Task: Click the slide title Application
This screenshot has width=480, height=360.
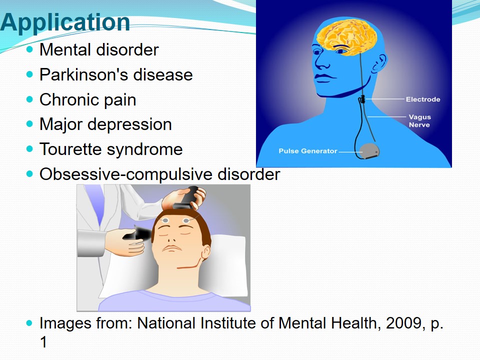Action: [x=65, y=22]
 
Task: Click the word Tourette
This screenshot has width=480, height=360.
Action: [x=70, y=149]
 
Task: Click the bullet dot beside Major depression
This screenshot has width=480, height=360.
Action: [x=29, y=124]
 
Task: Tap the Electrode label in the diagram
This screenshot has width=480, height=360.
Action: [x=423, y=99]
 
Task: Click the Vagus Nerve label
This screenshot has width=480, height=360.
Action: [x=419, y=121]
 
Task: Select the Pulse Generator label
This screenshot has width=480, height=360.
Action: [x=307, y=151]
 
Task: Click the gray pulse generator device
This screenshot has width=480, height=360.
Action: [x=369, y=151]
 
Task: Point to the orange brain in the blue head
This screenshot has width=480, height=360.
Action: [x=347, y=36]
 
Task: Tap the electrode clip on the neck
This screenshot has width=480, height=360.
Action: [x=362, y=99]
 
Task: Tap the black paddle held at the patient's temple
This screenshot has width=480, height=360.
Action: [x=138, y=234]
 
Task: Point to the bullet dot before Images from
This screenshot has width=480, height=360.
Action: [x=29, y=323]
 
